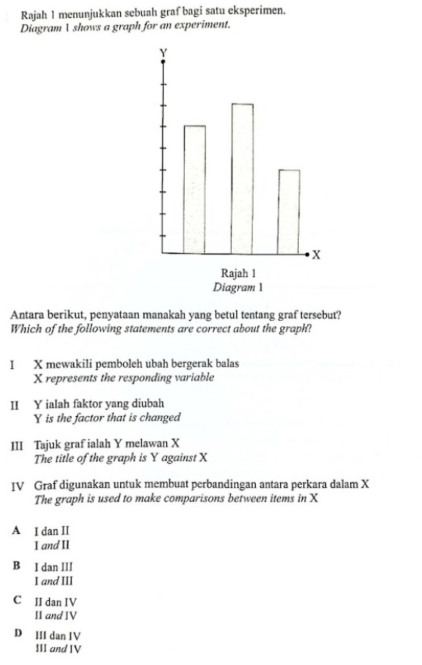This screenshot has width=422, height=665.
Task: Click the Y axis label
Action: [163, 52]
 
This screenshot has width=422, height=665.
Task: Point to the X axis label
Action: [317, 255]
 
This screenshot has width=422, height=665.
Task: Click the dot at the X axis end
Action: [308, 254]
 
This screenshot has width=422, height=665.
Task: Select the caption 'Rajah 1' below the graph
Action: [239, 274]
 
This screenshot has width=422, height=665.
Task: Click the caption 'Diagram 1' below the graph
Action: [239, 287]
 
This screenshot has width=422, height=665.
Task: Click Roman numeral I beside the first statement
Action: [12, 365]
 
